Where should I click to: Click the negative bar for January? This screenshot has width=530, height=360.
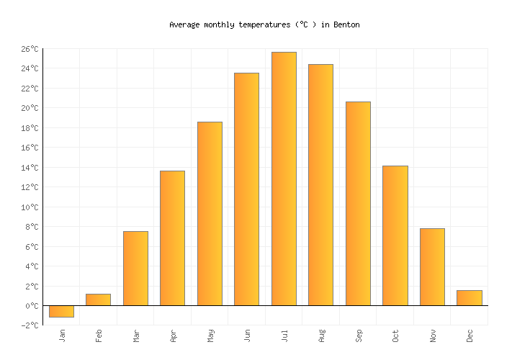point(61,311)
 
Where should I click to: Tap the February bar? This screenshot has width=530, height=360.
point(98,300)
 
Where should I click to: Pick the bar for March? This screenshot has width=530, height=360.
point(135,269)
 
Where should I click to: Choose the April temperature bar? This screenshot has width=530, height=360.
point(172,238)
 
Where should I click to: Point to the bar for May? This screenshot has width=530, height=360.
point(210,214)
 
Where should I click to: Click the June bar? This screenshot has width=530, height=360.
point(246,189)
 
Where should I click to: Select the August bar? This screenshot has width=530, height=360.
point(320,185)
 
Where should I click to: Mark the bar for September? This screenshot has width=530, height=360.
point(358,204)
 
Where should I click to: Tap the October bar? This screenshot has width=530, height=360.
point(395,235)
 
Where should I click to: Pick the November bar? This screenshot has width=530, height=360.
point(432,267)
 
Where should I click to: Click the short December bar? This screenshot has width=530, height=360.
point(469,298)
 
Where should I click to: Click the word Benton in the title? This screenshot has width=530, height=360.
point(346,24)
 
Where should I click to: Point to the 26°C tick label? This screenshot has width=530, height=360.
point(29,49)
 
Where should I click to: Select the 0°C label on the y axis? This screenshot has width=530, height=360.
point(32,306)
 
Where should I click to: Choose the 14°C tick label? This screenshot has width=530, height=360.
point(29,168)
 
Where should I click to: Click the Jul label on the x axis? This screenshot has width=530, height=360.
point(284,335)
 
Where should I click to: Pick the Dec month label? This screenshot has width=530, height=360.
point(470,335)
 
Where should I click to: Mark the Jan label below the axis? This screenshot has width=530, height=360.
point(62,335)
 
